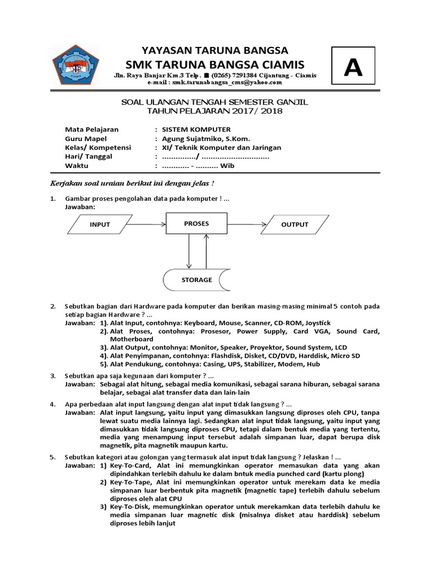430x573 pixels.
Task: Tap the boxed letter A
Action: point(353,68)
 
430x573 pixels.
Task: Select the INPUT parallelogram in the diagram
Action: point(100,224)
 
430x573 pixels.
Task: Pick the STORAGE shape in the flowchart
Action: point(196,279)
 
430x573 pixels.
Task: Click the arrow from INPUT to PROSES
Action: point(150,224)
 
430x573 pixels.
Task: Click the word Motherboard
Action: point(132,339)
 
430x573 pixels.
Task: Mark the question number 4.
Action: point(53,403)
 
